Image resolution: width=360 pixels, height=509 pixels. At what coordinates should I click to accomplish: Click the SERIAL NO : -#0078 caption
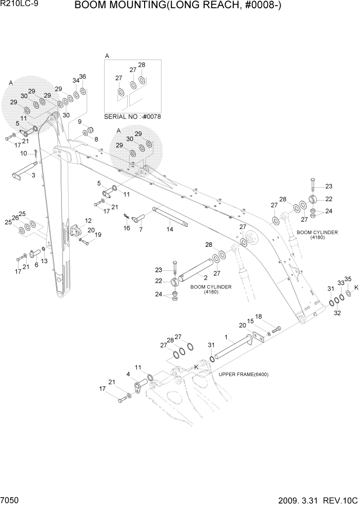point(132,116)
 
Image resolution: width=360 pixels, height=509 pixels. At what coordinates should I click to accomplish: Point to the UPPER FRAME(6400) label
point(244,374)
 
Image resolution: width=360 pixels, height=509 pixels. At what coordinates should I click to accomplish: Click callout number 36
point(83,76)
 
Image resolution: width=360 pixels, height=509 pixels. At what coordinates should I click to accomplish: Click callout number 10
point(24,153)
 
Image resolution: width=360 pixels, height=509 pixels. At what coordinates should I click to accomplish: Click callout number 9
point(80,122)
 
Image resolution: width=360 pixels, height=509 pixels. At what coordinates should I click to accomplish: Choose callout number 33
point(340,283)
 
